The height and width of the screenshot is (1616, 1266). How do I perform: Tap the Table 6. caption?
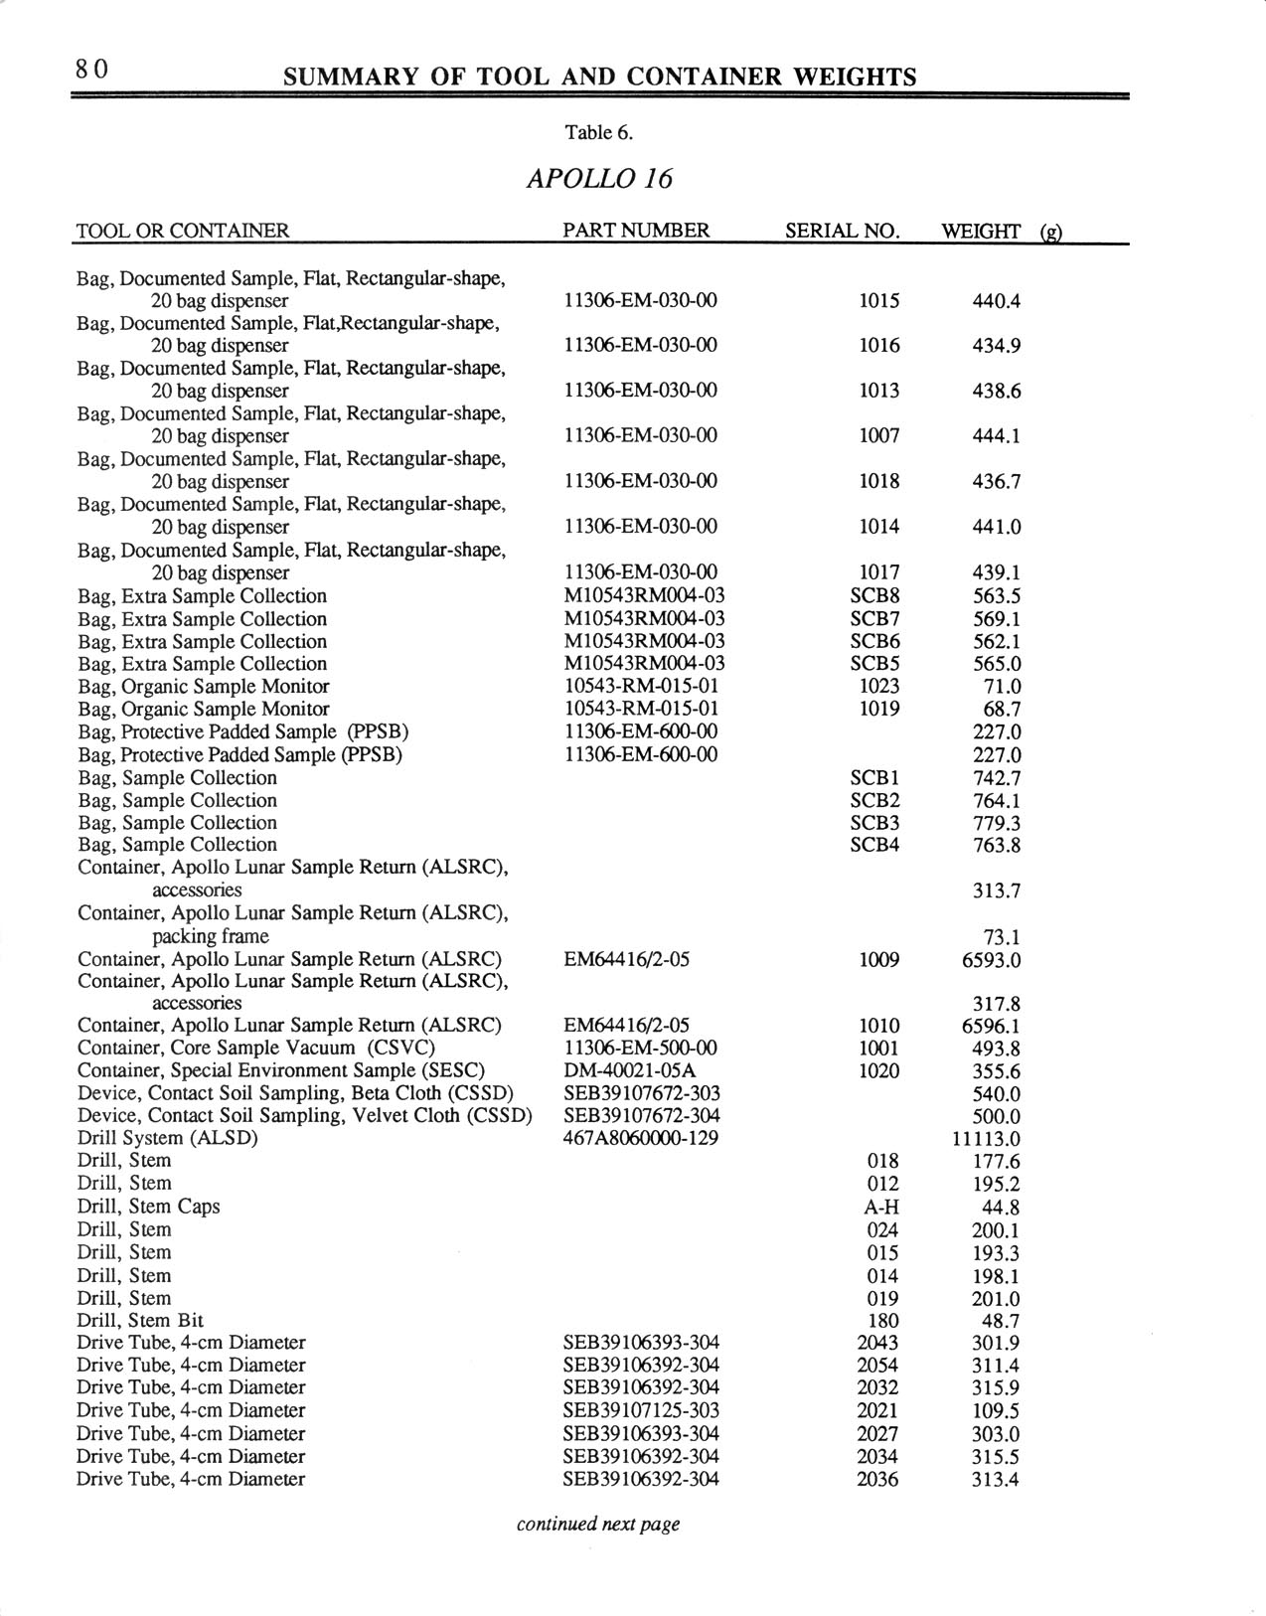click(599, 132)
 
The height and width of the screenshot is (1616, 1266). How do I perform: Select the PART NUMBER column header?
click(636, 231)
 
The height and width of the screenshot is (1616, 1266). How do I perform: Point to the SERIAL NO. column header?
click(843, 232)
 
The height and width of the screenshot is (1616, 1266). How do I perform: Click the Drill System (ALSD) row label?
click(168, 1138)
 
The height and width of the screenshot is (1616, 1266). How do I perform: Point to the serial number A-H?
click(882, 1208)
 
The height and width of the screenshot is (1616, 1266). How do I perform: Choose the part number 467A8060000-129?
click(641, 1138)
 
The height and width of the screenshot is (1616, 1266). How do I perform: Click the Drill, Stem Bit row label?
click(140, 1321)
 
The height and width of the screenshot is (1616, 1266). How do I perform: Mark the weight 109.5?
click(996, 1411)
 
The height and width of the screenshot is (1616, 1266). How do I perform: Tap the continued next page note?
click(598, 1524)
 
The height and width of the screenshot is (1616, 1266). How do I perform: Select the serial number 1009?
click(878, 960)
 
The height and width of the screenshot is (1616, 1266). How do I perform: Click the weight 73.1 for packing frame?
click(1001, 937)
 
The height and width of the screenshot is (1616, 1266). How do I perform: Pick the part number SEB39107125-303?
click(641, 1410)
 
